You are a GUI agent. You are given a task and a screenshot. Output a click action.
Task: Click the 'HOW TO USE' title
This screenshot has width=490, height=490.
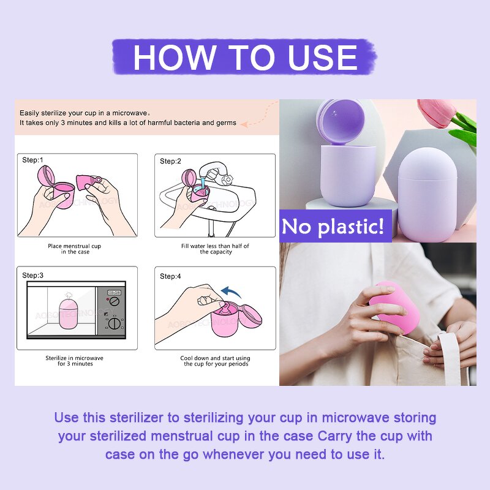point(245,57)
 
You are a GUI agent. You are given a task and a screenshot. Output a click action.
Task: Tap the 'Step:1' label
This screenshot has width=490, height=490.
point(33,160)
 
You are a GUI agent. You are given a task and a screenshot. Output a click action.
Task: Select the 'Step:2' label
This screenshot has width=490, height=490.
point(171,161)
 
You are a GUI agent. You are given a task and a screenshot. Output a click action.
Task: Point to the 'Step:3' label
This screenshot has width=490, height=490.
point(33,275)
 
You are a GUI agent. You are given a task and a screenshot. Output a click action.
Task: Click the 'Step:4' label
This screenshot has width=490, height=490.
point(171,276)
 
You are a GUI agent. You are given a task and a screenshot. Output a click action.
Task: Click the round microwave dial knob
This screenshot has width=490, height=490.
point(115,324)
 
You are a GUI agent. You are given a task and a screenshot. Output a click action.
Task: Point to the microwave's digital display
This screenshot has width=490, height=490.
point(114,292)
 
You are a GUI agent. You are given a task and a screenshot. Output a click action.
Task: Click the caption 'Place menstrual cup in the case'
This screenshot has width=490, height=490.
point(75,249)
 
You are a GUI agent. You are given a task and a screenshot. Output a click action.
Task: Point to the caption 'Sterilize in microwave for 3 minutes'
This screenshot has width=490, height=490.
point(75,361)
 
